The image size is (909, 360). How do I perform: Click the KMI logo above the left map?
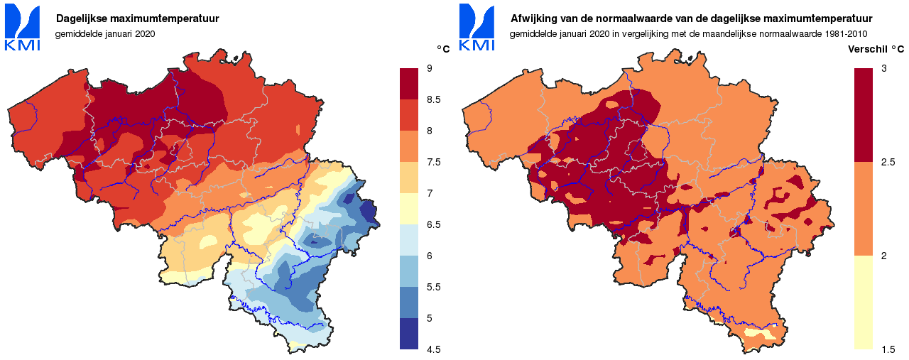pos(23,27)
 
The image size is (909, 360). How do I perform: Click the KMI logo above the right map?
pos(477,27)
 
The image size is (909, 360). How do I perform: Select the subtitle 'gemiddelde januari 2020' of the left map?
pos(104,33)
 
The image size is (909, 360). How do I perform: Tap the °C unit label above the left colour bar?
pos(443,49)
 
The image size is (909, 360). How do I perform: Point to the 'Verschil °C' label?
pos(876,49)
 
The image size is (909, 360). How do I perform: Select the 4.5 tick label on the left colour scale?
pos(433,349)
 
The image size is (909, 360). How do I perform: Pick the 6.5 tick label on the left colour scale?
pos(433,224)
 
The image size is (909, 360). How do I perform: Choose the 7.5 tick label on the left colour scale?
pos(433,162)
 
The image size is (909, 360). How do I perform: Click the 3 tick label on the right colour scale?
pos(883,69)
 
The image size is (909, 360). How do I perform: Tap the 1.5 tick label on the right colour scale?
pos(888,349)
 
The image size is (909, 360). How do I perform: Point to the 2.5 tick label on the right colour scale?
pos(888,162)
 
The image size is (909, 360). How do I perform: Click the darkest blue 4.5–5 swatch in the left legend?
pos(410,334)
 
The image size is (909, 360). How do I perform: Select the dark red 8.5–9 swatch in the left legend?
pos(410,84)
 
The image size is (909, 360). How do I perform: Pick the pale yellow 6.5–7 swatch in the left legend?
pos(410,209)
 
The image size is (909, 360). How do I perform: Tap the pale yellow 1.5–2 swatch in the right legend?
pos(864,302)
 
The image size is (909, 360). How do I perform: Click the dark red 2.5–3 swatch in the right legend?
pos(864,115)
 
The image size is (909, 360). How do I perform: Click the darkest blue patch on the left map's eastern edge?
pos(369,212)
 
